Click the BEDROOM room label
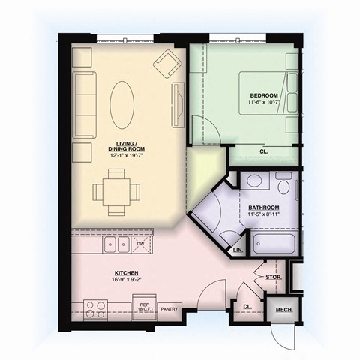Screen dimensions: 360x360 [264, 95]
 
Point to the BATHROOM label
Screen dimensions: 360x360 [264, 207]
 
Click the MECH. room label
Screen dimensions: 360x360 [283, 310]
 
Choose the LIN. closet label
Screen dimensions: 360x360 [238, 249]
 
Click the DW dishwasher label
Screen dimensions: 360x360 [140, 244]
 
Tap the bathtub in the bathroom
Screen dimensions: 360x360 [275, 244]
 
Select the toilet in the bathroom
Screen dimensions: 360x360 [283, 185]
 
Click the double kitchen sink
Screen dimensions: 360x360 [115, 243]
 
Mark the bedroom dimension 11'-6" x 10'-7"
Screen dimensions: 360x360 [264, 103]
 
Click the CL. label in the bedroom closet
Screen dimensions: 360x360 [264, 151]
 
